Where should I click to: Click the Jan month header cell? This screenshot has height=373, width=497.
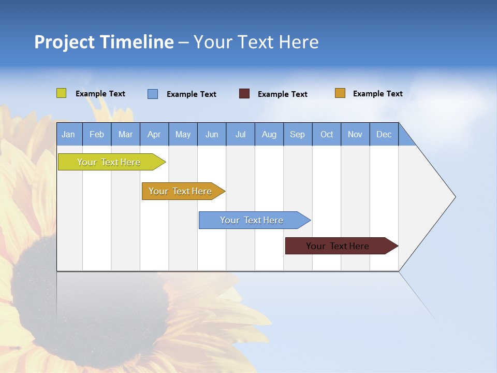[x=68, y=134]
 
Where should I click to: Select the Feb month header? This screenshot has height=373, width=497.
[x=97, y=134]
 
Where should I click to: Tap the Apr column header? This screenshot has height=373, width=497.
[x=154, y=134]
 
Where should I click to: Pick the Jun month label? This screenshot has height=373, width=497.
[x=212, y=134]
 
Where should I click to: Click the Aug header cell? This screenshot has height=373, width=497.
[x=269, y=134]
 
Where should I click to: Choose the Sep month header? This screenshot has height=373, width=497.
[x=297, y=134]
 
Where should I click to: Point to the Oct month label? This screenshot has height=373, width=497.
[x=327, y=134]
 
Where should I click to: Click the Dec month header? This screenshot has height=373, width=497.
[x=384, y=134]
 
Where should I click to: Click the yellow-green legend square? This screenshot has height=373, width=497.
[x=61, y=93]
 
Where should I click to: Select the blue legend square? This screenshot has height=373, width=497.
[x=153, y=94]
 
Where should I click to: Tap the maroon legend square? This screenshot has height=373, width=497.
[x=244, y=94]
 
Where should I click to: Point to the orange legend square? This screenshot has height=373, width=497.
[x=340, y=93]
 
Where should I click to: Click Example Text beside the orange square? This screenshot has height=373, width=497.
[x=377, y=94]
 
